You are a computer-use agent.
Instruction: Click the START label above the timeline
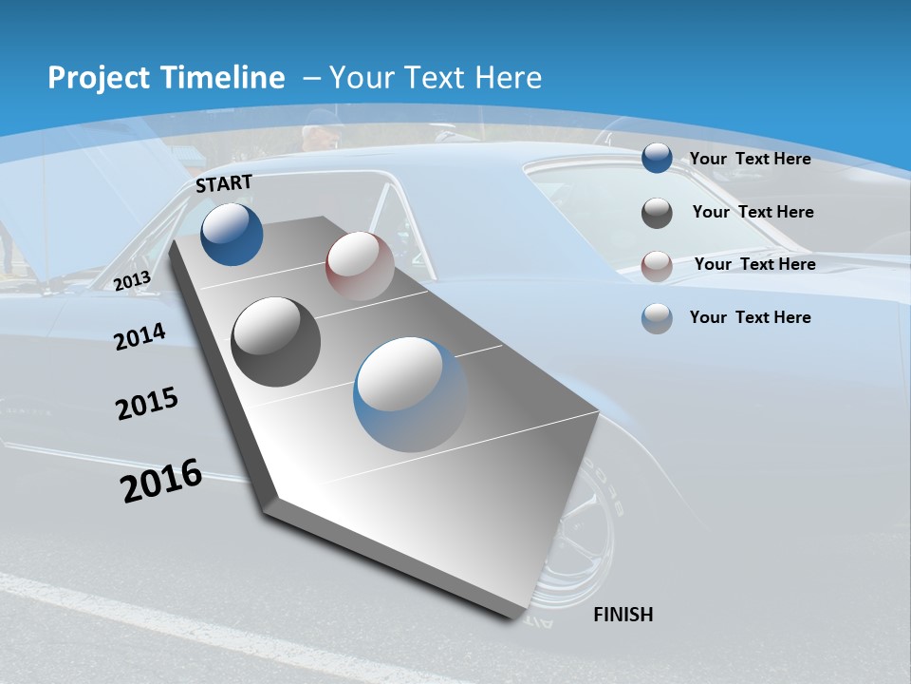click(x=224, y=182)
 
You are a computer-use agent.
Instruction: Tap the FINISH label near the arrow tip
click(x=623, y=615)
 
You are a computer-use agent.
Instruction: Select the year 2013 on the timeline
click(x=133, y=280)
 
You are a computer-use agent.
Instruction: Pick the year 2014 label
click(x=139, y=336)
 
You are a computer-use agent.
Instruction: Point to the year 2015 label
click(x=147, y=404)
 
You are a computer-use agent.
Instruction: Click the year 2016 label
click(x=161, y=481)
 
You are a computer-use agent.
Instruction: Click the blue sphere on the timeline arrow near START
click(x=232, y=234)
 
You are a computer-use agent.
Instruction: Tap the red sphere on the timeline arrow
click(x=360, y=265)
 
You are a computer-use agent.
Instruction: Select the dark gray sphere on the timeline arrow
click(x=275, y=341)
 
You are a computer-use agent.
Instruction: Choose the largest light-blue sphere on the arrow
click(x=411, y=394)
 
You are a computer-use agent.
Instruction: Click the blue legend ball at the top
click(x=657, y=159)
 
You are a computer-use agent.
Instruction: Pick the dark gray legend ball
click(x=657, y=213)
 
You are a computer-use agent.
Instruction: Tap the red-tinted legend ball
click(x=657, y=265)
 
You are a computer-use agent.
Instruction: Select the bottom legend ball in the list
click(x=657, y=318)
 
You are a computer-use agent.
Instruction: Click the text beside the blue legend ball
click(x=750, y=159)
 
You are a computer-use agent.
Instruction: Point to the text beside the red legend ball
click(x=754, y=264)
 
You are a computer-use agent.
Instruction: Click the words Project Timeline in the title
click(x=166, y=78)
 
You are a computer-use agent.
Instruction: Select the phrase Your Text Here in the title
click(x=436, y=78)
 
